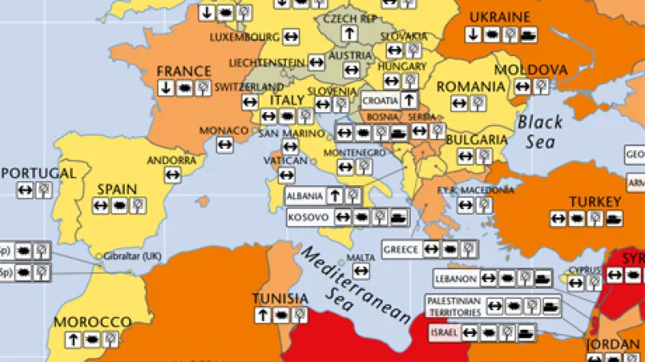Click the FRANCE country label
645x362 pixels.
(184, 71)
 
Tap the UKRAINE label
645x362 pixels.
(499, 17)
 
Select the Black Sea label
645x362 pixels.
(538, 131)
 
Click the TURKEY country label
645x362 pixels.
(595, 202)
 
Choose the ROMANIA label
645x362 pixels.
(470, 86)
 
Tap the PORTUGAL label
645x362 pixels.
(38, 173)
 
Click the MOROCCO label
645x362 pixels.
(93, 323)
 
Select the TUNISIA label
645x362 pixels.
(279, 298)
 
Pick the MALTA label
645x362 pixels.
(362, 257)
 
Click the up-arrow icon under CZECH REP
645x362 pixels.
(348, 33)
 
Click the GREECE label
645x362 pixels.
(401, 250)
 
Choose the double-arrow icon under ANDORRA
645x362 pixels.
(172, 174)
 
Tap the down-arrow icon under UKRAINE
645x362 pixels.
(473, 34)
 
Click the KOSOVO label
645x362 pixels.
(307, 218)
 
